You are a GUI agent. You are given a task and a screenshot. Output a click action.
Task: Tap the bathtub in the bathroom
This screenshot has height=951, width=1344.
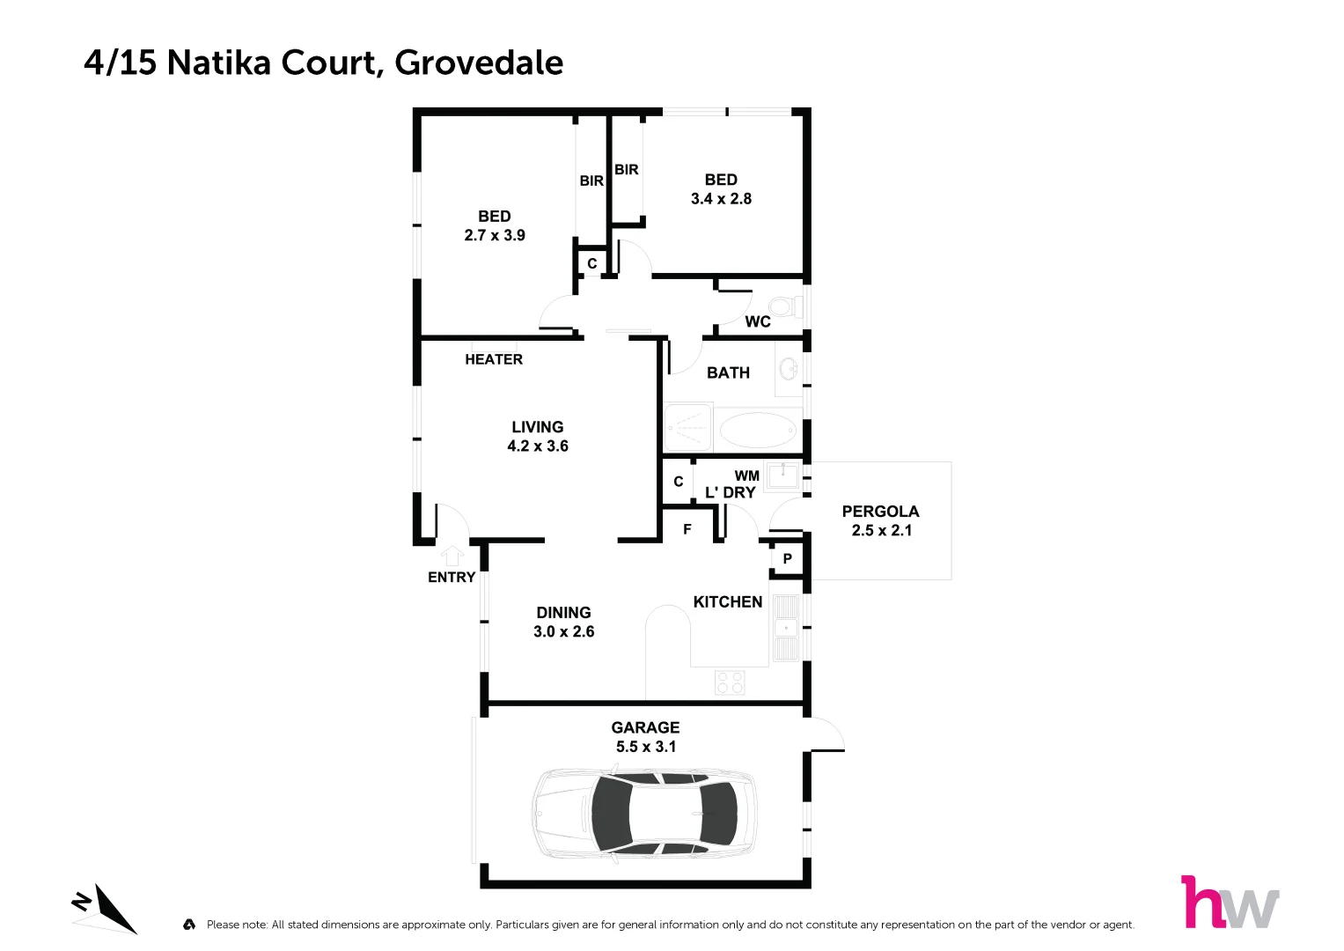click(x=758, y=431)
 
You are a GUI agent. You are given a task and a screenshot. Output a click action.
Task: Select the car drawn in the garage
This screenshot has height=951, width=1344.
click(x=644, y=815)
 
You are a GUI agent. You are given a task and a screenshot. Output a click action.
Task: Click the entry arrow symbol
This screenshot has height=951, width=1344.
click(x=452, y=556)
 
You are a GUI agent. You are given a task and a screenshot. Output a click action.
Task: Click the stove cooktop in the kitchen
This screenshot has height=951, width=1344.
click(x=730, y=682)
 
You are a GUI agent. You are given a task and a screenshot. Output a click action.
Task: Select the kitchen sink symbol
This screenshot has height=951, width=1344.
click(x=785, y=627)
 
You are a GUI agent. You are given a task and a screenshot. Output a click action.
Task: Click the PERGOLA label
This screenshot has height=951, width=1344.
click(x=880, y=512)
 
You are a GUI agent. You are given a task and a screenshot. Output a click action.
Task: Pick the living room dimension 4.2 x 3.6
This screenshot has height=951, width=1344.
click(x=538, y=446)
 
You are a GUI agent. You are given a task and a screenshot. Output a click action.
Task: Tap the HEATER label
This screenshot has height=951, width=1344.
click(x=494, y=359)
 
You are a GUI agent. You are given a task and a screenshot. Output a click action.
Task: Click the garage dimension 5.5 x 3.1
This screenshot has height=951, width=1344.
click(x=646, y=747)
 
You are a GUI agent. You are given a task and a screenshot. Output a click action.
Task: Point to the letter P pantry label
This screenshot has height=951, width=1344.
click(x=788, y=558)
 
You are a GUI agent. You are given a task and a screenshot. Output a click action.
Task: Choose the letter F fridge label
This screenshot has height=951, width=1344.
click(x=687, y=529)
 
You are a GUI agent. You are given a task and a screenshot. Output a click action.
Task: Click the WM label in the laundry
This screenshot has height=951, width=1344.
click(x=746, y=475)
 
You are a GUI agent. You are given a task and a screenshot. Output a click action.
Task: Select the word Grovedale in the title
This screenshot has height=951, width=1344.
click(x=479, y=63)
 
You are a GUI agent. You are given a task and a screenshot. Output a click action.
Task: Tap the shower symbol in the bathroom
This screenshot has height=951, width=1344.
click(x=687, y=429)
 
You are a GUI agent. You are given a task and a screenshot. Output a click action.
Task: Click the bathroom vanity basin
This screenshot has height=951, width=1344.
click(x=789, y=369)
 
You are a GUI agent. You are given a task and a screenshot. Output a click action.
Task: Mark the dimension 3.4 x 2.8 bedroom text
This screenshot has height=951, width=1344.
click(x=721, y=199)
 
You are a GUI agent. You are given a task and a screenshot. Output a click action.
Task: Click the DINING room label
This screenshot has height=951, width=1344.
click(x=563, y=612)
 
